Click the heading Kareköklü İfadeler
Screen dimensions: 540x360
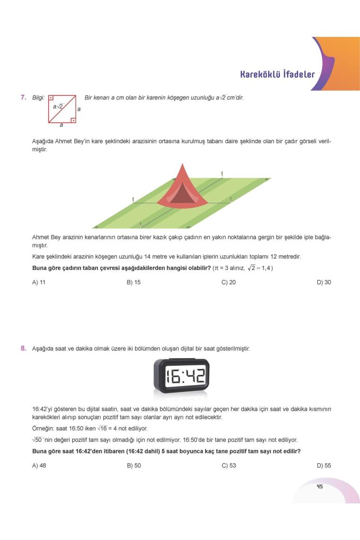click(277, 74)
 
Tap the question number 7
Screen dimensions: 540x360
click(23, 98)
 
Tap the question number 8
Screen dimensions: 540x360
click(23, 349)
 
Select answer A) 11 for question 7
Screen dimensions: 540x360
click(39, 282)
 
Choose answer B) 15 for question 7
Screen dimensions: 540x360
click(134, 282)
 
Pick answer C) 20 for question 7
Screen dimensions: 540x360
click(229, 282)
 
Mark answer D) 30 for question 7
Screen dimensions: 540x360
click(324, 282)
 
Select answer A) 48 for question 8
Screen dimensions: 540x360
click(39, 466)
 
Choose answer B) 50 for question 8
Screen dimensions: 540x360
click(134, 466)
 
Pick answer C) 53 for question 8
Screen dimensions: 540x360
click(229, 466)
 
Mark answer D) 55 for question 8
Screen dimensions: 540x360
click(324, 466)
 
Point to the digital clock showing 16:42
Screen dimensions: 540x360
click(181, 376)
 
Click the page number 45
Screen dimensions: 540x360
click(320, 486)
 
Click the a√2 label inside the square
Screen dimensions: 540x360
click(58, 107)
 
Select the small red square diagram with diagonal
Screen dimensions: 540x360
click(62, 109)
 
